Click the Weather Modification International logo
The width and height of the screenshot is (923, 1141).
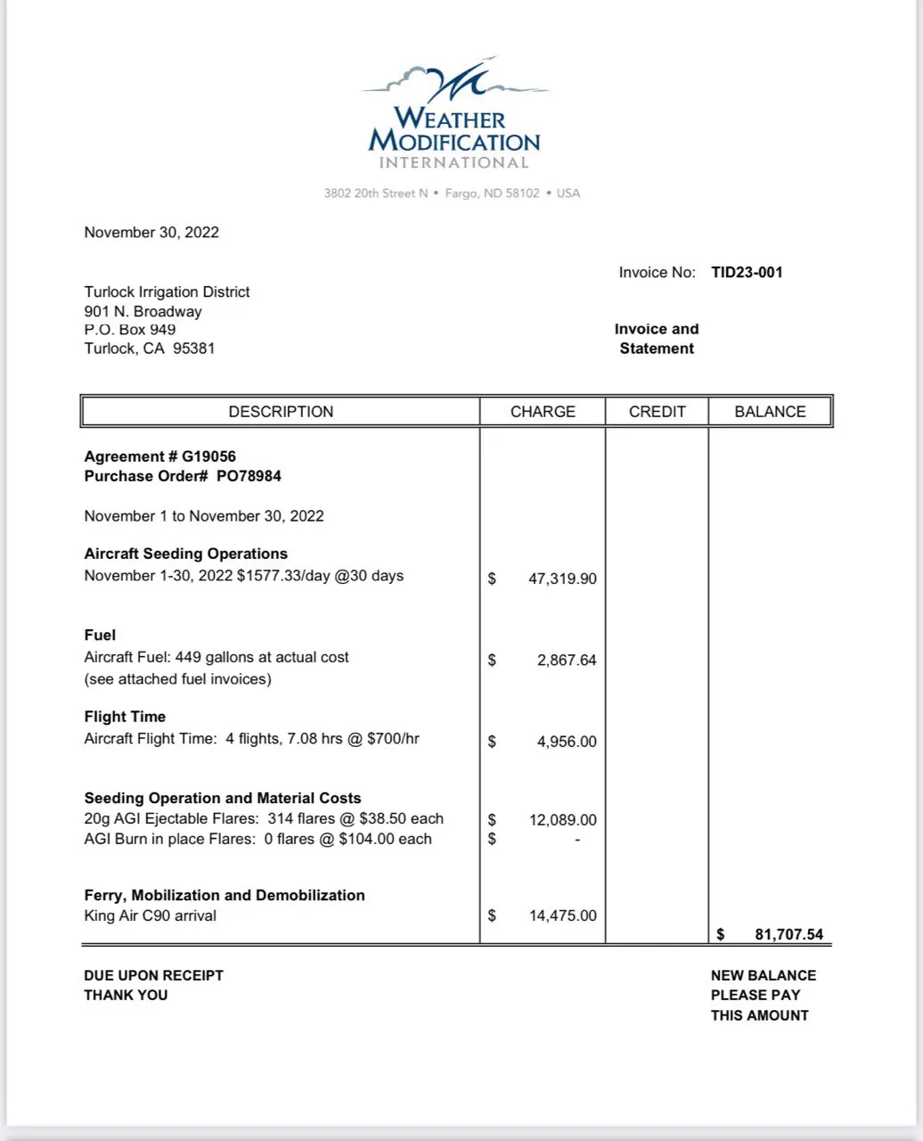453,114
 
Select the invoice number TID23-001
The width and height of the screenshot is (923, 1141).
747,273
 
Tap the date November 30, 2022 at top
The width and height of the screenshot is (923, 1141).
151,233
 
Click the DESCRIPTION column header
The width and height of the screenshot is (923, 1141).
281,412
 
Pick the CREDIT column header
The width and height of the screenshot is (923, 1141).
658,412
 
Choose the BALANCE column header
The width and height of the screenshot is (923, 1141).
770,412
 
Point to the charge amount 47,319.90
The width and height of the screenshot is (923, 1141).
562,579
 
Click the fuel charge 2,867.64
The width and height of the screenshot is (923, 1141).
567,661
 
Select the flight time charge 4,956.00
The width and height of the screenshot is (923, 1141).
567,742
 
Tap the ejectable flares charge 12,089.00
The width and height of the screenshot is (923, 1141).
562,820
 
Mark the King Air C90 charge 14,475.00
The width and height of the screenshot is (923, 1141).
562,915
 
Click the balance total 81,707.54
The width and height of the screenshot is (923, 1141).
788,935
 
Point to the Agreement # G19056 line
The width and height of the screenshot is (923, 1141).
160,456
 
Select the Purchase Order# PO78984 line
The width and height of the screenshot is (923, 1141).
183,476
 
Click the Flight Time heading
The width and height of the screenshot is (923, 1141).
125,717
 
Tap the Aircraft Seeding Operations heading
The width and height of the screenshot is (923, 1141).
185,554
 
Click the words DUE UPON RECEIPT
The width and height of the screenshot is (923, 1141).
153,975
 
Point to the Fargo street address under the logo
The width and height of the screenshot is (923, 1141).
452,193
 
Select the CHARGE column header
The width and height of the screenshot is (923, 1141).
543,412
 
